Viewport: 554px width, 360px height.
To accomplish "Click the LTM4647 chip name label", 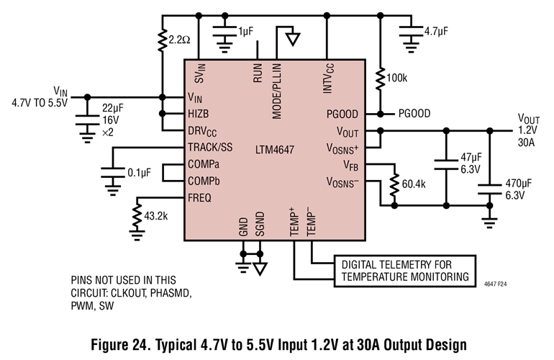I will click(274, 150).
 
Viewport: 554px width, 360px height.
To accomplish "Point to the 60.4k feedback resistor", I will click(394, 184).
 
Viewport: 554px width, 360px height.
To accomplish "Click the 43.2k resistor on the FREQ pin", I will click(135, 217).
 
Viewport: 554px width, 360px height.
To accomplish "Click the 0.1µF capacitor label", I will click(139, 173).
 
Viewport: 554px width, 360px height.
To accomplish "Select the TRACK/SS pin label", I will click(209, 148).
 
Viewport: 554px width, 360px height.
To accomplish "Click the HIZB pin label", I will click(199, 114).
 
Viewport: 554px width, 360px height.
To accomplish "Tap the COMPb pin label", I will click(204, 181).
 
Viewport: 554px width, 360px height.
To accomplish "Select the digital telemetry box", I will click(404, 269).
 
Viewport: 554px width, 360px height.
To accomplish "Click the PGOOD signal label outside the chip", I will click(414, 114).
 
